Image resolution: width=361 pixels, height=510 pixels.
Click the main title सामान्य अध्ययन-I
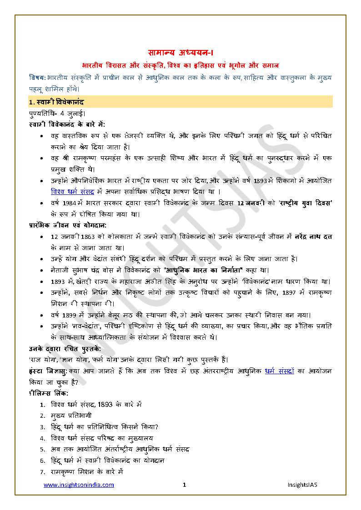click(180, 52)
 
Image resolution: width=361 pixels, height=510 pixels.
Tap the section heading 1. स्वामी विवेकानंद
click(56, 102)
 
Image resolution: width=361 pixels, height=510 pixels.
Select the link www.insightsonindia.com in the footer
click(79, 485)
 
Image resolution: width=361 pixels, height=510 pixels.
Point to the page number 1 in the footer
click(184, 485)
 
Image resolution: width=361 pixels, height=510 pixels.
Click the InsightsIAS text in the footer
click(302, 485)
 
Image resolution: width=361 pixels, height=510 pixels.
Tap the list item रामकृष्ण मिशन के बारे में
click(87, 472)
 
